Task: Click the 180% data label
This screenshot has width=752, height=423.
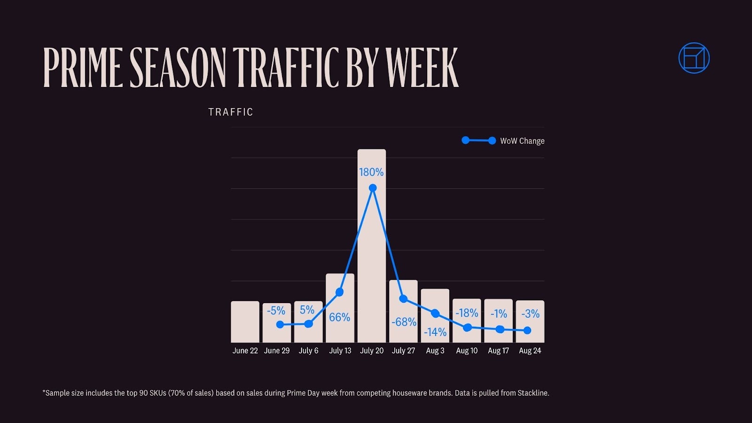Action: [371, 172]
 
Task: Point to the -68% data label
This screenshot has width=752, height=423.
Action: [404, 322]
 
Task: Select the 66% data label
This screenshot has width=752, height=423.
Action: [339, 317]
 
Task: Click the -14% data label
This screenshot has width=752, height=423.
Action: [435, 332]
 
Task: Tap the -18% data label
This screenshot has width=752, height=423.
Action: [467, 313]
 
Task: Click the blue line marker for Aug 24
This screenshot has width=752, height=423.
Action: [527, 330]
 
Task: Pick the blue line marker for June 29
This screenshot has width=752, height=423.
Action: [280, 324]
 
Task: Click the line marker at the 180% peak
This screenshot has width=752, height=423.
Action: [373, 188]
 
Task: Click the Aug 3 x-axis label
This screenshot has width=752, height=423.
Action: [435, 351]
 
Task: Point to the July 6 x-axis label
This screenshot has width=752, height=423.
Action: [308, 351]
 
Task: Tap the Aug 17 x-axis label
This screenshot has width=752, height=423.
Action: [498, 351]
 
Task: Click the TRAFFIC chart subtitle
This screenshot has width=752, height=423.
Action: [231, 112]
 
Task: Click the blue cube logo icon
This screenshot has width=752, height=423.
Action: [694, 58]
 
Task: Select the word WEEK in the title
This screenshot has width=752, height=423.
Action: [422, 68]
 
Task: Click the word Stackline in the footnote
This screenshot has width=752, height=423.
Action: [533, 393]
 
